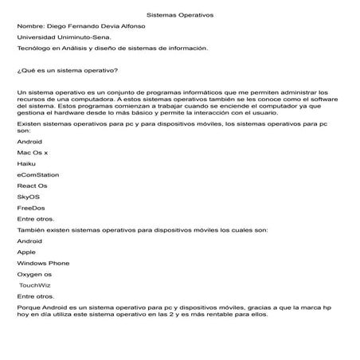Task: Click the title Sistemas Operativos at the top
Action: coord(180,15)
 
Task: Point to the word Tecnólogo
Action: coord(33,49)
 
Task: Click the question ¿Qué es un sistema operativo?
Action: coord(68,71)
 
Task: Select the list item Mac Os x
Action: coord(33,152)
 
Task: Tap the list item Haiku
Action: coord(26,163)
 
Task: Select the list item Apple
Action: coord(26,252)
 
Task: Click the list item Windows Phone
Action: coord(43,263)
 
